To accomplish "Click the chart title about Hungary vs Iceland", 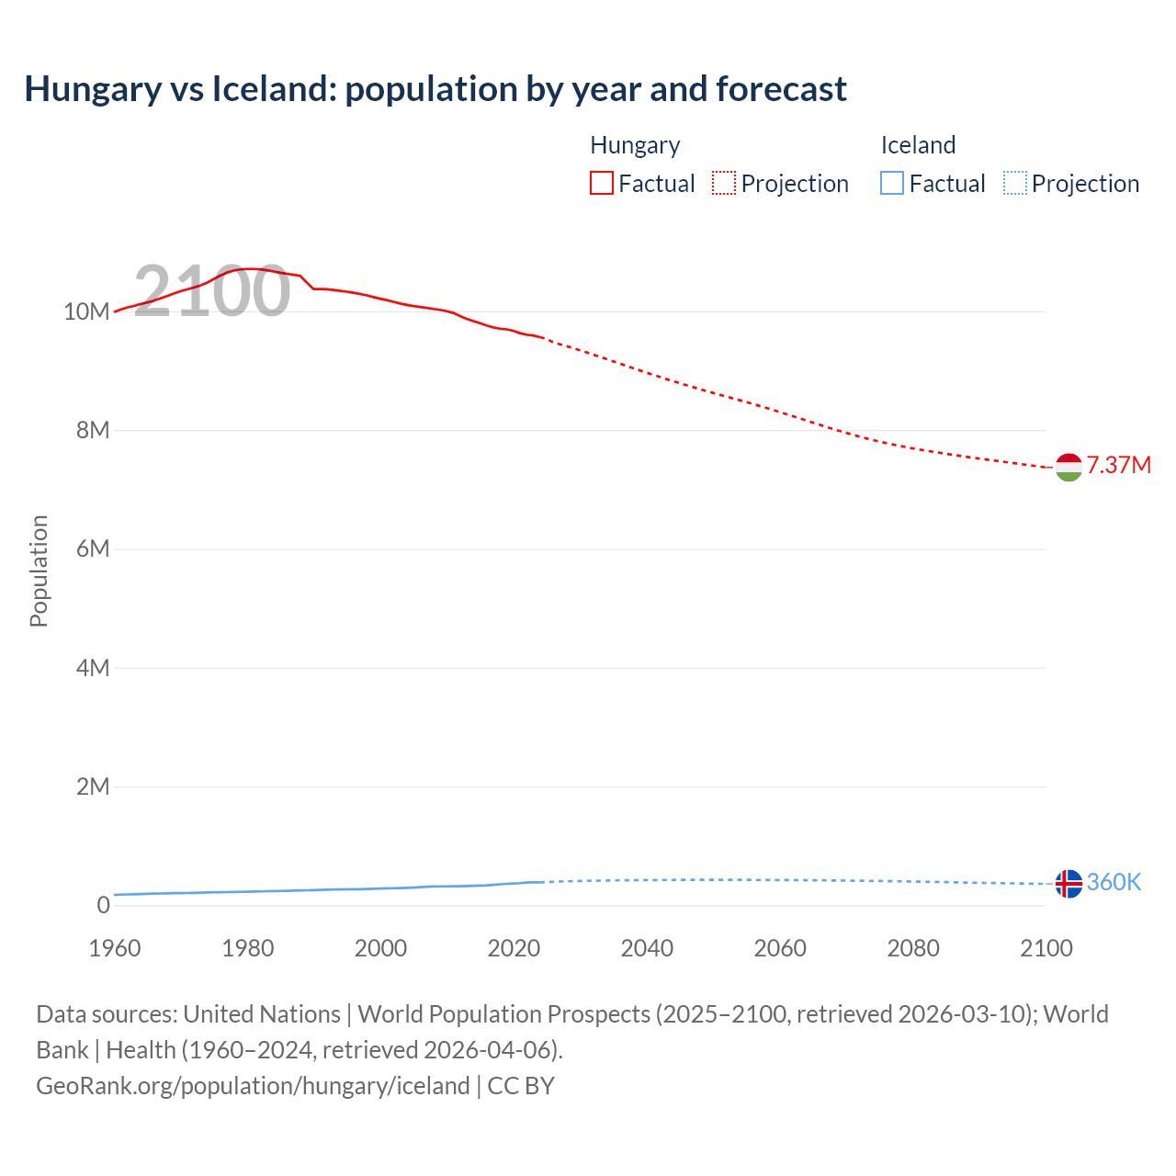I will pyautogui.click(x=435, y=89).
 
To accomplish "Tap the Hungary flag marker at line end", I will pyautogui.click(x=1069, y=467).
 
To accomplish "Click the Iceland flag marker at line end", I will pyautogui.click(x=1069, y=884).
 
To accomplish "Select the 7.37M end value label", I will pyautogui.click(x=1118, y=465).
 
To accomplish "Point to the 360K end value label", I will pyautogui.click(x=1114, y=882).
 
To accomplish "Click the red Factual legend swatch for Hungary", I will pyautogui.click(x=601, y=183).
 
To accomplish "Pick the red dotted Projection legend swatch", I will pyautogui.click(x=724, y=183).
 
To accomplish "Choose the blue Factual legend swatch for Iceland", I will pyautogui.click(x=891, y=183).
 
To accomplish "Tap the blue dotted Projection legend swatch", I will pyautogui.click(x=1014, y=183).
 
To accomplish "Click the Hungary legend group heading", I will pyautogui.click(x=635, y=145).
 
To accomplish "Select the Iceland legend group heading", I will pyautogui.click(x=918, y=145).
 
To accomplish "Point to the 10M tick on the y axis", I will pyautogui.click(x=86, y=311).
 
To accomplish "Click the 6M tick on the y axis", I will pyautogui.click(x=92, y=548).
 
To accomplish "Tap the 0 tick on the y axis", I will pyautogui.click(x=103, y=905).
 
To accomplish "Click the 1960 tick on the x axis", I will pyautogui.click(x=115, y=948).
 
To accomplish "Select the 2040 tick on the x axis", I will pyautogui.click(x=647, y=948).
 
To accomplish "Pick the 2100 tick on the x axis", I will pyautogui.click(x=1046, y=948).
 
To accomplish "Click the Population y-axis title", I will pyautogui.click(x=39, y=571).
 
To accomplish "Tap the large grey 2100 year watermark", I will pyautogui.click(x=212, y=291).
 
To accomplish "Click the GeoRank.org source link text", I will pyautogui.click(x=253, y=1086).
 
